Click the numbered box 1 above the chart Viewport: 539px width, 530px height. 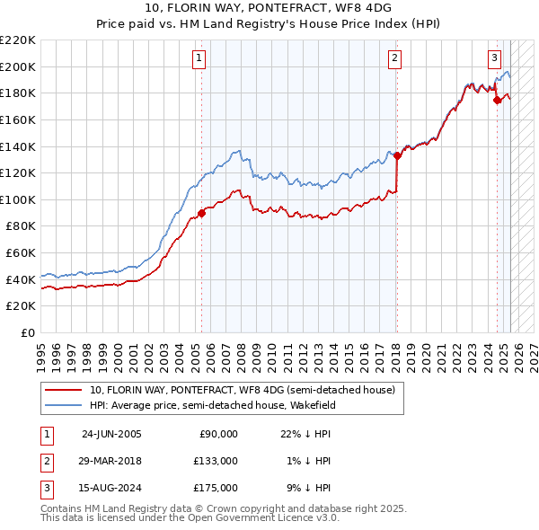click(198, 58)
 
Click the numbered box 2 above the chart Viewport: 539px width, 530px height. click(394, 58)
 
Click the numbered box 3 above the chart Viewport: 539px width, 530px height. click(494, 58)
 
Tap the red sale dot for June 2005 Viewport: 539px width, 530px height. click(201, 213)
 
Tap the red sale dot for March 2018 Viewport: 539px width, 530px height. click(397, 155)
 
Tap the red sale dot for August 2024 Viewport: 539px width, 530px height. click(497, 100)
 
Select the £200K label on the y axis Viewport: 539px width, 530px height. click(18, 66)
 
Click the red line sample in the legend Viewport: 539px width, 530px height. click(63, 390)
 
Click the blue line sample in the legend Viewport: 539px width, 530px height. click(63, 405)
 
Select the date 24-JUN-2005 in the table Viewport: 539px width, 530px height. click(111, 434)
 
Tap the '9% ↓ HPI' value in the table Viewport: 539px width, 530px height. click(310, 488)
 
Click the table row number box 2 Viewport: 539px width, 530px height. click(45, 461)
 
